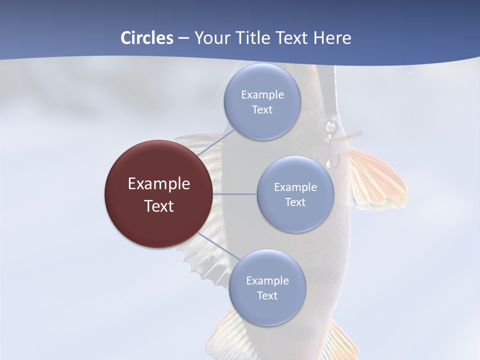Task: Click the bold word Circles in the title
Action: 147,38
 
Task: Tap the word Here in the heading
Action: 332,38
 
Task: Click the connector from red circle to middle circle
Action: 235,194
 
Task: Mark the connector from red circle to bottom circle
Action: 219,246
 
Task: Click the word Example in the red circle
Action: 159,184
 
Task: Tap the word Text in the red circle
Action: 159,206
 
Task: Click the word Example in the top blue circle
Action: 262,94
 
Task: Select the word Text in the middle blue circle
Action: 295,202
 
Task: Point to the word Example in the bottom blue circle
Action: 267,280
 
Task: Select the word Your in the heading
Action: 210,38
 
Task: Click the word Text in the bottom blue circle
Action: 267,296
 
